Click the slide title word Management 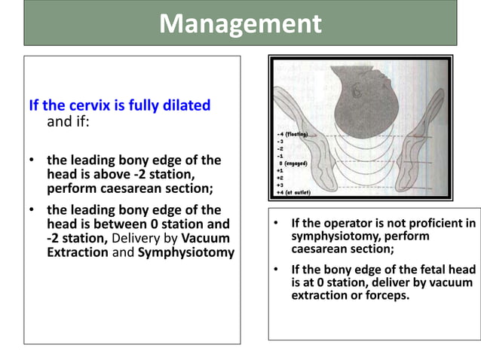click(240, 24)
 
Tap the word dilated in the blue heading click(186, 105)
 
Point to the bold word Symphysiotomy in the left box click(186, 252)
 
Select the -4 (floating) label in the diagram click(296, 133)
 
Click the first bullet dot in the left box click(31, 160)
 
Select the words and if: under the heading click(69, 121)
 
